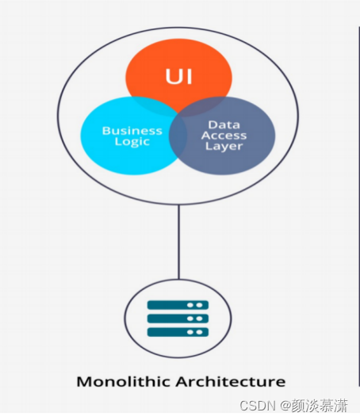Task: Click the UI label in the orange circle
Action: coord(178,76)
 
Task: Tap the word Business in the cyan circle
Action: coord(132,131)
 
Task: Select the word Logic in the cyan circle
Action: coord(132,142)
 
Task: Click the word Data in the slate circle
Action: coord(224,124)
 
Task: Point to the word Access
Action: coord(224,136)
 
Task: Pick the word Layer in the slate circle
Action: coord(224,147)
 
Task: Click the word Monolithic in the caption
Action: coord(124,381)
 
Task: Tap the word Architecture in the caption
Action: coord(231,381)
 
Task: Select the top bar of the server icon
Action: coord(178,305)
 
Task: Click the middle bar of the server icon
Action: coord(178,319)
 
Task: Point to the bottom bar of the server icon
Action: coord(178,332)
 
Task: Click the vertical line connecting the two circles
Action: coord(178,242)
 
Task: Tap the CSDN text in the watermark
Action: coord(258,406)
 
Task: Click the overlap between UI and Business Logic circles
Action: coord(153,106)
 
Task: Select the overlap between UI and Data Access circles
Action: coord(205,107)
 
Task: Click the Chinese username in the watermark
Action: coord(320,406)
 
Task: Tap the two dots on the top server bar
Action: coord(194,305)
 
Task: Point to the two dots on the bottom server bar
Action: coord(194,332)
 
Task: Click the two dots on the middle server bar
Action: coord(194,319)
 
